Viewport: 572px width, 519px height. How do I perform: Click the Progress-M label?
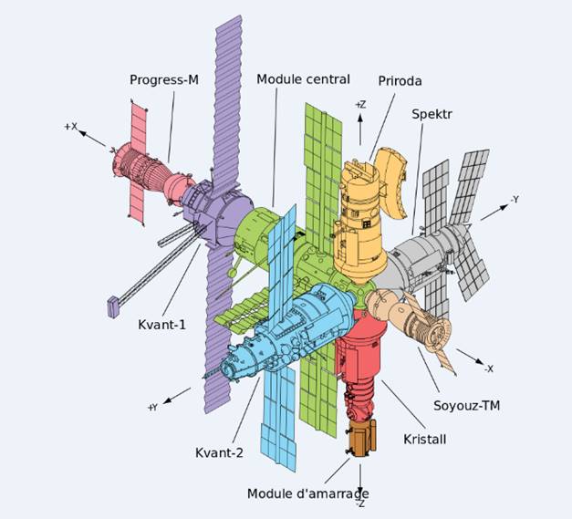163,79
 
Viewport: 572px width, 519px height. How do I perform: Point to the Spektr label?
432,115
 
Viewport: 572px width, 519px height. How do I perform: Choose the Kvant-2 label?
219,452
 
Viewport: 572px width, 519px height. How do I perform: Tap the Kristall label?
425,439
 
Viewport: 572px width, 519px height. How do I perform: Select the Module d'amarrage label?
307,493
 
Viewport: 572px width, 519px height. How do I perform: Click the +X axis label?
70,127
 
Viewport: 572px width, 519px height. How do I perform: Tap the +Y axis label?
152,407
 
